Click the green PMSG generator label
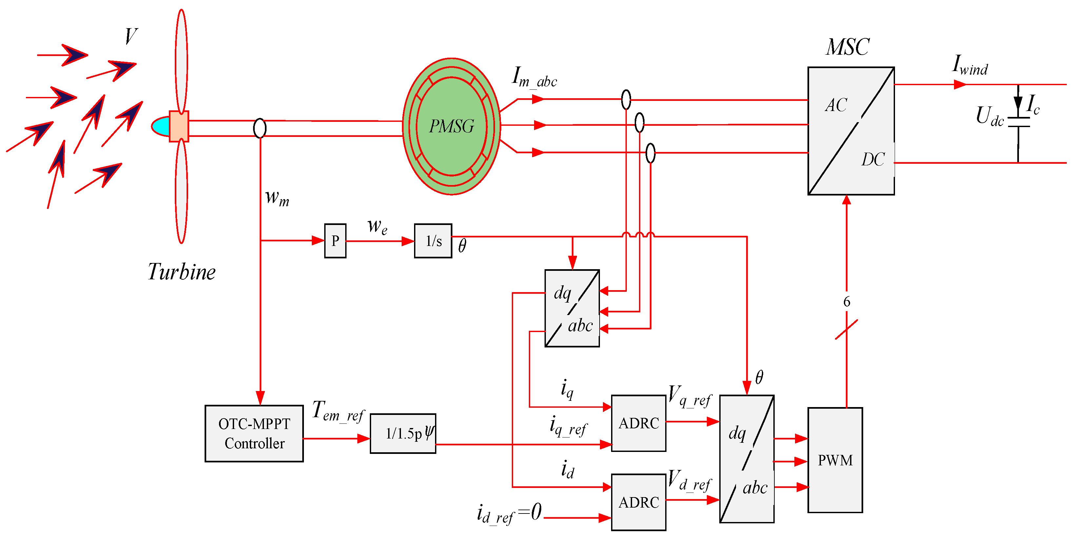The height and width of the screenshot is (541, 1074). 451,126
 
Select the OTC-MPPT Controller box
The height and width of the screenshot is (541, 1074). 254,434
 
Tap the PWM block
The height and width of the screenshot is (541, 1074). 835,460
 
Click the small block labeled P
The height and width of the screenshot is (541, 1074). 335,241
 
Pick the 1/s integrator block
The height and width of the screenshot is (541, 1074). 433,241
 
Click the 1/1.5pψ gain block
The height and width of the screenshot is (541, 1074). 403,434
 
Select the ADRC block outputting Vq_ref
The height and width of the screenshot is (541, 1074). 638,423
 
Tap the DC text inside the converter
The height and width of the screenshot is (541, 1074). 873,159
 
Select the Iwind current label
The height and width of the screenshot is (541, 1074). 970,66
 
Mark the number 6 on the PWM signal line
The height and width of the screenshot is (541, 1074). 846,302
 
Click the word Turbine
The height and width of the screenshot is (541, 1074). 182,272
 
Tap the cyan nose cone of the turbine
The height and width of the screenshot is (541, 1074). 161,126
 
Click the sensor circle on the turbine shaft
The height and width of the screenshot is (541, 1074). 260,128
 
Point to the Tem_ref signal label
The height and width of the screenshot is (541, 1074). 338,411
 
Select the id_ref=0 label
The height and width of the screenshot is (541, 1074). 509,513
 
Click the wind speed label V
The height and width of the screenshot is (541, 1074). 130,36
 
